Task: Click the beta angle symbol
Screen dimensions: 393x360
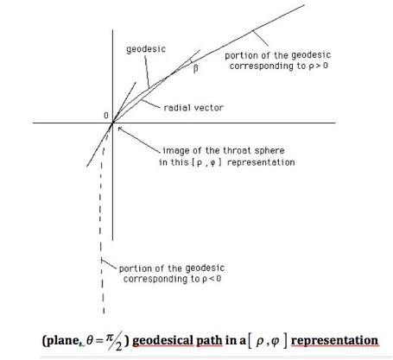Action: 195,69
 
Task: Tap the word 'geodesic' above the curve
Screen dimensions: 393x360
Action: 146,49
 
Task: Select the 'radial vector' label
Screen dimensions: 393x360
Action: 193,108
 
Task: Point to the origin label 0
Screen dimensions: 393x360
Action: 106,116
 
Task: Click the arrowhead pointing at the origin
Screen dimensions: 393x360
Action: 119,129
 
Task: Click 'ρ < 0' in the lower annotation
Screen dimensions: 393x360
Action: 212,279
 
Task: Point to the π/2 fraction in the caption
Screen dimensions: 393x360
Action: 114,341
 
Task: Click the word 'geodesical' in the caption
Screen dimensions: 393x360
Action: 162,341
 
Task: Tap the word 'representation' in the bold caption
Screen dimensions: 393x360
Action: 334,341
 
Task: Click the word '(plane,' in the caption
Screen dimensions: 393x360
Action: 61,341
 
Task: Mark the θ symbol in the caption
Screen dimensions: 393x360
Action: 90,341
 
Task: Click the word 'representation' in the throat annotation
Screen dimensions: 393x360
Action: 261,162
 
